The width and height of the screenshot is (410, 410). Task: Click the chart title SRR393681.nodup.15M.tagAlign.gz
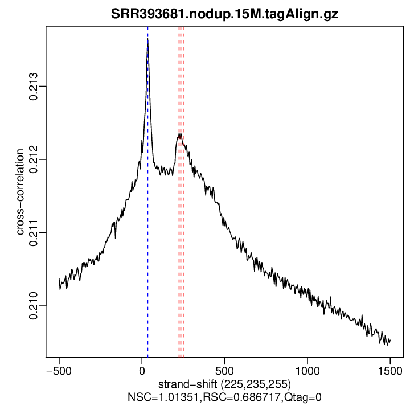point(224,14)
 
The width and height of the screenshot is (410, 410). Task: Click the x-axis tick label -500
point(59,369)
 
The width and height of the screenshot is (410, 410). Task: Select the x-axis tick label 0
point(142,369)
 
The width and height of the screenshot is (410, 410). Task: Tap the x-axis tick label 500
point(224,369)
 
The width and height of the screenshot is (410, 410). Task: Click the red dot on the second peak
point(180,136)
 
